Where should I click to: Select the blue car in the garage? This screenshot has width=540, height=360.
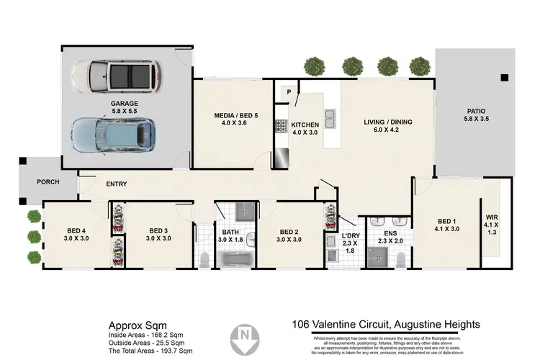click(114, 136)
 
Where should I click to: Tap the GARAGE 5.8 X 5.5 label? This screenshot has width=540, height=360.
click(125, 107)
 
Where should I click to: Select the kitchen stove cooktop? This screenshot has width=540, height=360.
click(279, 127)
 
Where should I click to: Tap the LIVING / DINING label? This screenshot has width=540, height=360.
click(387, 127)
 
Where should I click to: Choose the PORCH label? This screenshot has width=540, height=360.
click(48, 181)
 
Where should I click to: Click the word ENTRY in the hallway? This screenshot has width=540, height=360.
click(116, 184)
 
